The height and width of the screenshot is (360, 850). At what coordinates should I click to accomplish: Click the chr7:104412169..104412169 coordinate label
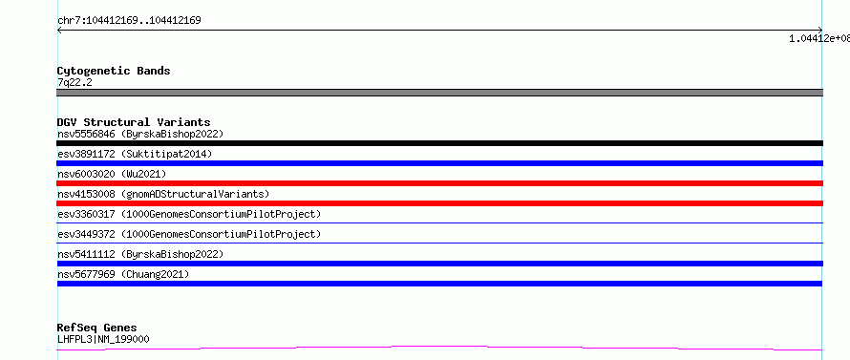pyautogui.click(x=129, y=21)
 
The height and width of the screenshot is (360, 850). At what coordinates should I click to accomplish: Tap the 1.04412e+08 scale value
pyautogui.click(x=819, y=38)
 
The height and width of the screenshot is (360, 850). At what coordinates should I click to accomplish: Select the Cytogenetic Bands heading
pyautogui.click(x=114, y=71)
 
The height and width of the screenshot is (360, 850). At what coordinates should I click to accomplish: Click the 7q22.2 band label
pyautogui.click(x=74, y=83)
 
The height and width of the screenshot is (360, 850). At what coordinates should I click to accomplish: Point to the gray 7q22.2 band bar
pyautogui.click(x=439, y=93)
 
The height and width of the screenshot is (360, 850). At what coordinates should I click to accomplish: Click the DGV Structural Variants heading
pyautogui.click(x=134, y=122)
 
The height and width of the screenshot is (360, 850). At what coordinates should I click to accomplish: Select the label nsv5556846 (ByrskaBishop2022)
pyautogui.click(x=140, y=134)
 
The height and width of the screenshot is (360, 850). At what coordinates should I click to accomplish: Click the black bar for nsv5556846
pyautogui.click(x=439, y=143)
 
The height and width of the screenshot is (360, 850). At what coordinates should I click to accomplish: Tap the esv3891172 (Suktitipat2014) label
pyautogui.click(x=135, y=154)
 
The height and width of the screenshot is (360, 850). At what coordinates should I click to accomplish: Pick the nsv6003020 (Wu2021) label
pyautogui.click(x=112, y=174)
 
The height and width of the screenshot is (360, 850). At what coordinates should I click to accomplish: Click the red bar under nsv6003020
pyautogui.click(x=439, y=183)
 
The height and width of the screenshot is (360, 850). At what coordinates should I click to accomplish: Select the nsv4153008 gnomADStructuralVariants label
pyautogui.click(x=163, y=194)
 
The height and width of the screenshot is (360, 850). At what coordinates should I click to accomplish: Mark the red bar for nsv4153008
pyautogui.click(x=439, y=203)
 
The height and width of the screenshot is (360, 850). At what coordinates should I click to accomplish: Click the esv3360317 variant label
pyautogui.click(x=189, y=214)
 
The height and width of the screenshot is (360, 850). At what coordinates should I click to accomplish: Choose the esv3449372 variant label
pyautogui.click(x=189, y=234)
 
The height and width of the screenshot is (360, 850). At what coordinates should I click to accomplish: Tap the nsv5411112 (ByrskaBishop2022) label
pyautogui.click(x=140, y=254)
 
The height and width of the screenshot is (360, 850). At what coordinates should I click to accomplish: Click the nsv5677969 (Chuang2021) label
pyautogui.click(x=123, y=274)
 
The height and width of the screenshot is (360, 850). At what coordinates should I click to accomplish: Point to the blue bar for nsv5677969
pyautogui.click(x=439, y=284)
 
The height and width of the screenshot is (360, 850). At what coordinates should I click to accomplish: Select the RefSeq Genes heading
pyautogui.click(x=97, y=328)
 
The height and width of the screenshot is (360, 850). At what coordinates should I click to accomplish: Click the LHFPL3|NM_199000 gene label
pyautogui.click(x=103, y=339)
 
